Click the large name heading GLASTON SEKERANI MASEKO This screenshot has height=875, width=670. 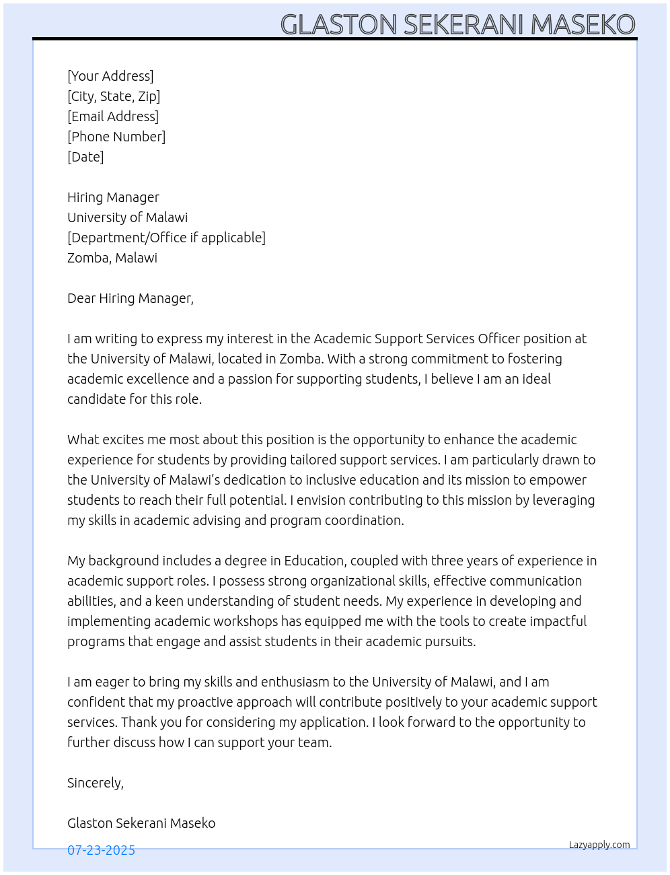(457, 24)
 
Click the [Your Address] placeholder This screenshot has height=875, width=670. (110, 76)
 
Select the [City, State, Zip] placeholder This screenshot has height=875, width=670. (114, 96)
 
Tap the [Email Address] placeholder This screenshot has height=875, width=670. (113, 116)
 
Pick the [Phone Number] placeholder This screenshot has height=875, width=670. (116, 137)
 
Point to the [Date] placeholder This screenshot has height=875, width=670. (85, 157)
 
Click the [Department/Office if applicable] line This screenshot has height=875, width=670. (166, 238)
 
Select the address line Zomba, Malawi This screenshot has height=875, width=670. (112, 258)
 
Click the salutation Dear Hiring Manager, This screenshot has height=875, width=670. (131, 298)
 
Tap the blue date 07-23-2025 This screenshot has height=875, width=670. (101, 850)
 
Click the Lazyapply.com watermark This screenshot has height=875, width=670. (599, 845)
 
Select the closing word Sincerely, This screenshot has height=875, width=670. (96, 783)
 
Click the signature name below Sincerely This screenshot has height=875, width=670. (141, 823)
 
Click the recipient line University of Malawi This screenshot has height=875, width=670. (128, 217)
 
